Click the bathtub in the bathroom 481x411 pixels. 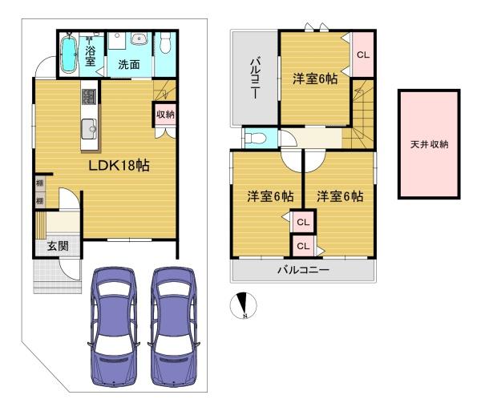tap(70, 54)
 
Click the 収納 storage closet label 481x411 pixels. tap(165, 115)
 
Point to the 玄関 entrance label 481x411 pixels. tap(57, 246)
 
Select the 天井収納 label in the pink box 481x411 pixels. tap(429, 145)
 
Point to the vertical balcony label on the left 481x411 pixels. tap(253, 78)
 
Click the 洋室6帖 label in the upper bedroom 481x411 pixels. tap(313, 79)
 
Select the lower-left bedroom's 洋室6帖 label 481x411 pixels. tap(269, 195)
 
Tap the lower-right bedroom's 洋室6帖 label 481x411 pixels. tap(339, 195)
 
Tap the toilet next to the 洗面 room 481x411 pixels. tap(165, 42)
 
